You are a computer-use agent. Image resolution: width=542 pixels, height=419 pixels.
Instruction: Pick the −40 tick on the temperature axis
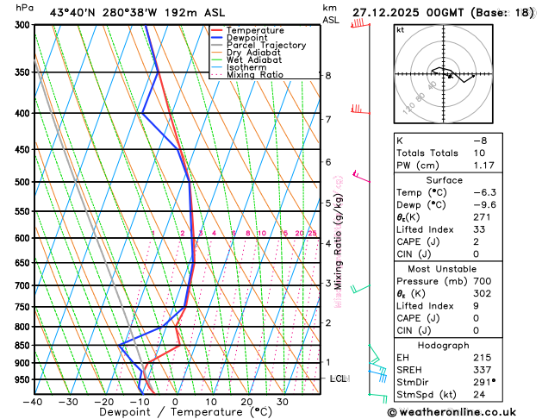coord(34,402)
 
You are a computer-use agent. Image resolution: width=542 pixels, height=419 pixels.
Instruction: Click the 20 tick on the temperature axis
coord(246,402)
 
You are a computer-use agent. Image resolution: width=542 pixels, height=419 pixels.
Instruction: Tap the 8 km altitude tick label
coord(327,76)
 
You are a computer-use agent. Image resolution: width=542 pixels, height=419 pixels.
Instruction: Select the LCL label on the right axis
coord(339,378)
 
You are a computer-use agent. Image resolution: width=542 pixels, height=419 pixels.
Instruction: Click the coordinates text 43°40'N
coord(74,13)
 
